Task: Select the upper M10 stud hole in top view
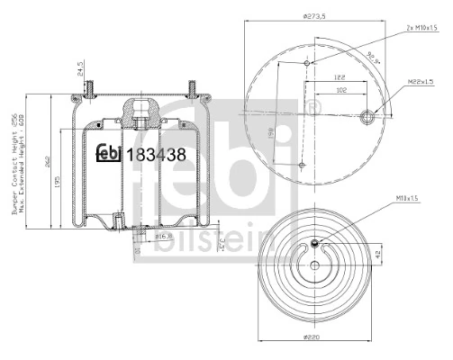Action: (308, 64)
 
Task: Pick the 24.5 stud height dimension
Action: (79, 69)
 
